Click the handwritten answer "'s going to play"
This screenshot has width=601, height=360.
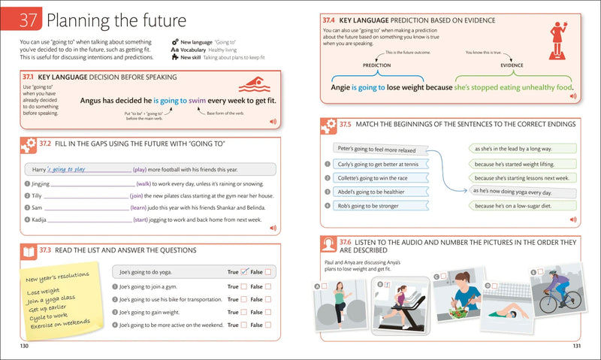[57, 169]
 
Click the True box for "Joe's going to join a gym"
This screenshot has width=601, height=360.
[243, 286]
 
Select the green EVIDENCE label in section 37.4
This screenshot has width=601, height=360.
[513, 65]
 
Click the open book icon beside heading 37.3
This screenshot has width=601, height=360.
[26, 250]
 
